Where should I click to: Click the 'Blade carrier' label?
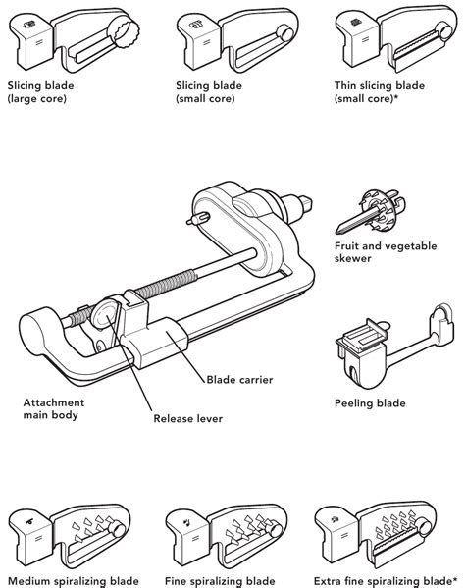pos(239,380)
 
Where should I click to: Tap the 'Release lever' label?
pos(187,418)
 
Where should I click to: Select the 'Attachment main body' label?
pos(54,408)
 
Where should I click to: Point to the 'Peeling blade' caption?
pos(370,403)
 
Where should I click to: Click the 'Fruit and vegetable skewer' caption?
pos(386,252)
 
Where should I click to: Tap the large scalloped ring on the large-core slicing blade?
pos(124,34)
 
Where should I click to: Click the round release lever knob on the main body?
pos(104,313)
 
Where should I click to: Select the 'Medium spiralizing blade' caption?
pos(74,581)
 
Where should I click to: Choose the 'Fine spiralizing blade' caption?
pos(220,581)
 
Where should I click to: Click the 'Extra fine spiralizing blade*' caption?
pos(386,581)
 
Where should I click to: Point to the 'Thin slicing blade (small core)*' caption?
pos(380,92)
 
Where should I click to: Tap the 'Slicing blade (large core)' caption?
pos(40,92)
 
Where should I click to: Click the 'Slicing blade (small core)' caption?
pos(209,92)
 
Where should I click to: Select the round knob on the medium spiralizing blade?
pos(119,529)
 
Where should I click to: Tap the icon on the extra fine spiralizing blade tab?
pos(334,519)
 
